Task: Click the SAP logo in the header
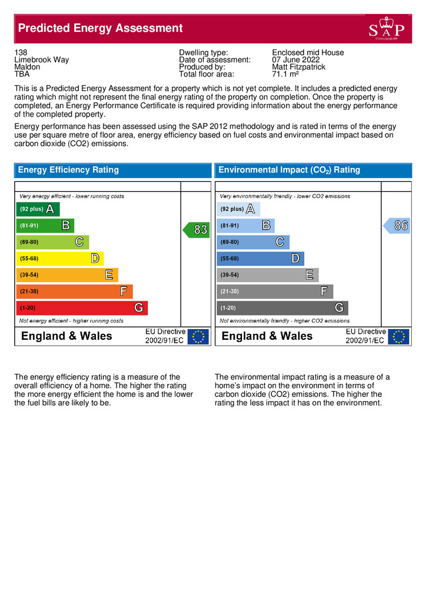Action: [x=386, y=29]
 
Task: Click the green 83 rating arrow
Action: [x=196, y=230]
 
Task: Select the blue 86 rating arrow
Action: [x=397, y=225]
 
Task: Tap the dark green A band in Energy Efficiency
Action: [x=38, y=209]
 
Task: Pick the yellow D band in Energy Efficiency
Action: [x=59, y=259]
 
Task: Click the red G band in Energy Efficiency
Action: [x=81, y=308]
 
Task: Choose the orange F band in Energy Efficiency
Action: [x=74, y=291]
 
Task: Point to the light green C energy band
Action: [x=52, y=242]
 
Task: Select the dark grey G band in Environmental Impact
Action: [x=282, y=308]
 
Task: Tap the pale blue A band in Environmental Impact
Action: [x=238, y=209]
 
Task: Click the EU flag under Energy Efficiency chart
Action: [x=198, y=336]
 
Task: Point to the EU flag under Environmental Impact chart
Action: [x=399, y=336]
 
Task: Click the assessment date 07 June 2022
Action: [x=296, y=60]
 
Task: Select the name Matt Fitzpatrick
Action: [x=299, y=67]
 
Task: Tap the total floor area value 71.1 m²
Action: [x=286, y=75]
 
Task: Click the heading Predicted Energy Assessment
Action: [x=101, y=28]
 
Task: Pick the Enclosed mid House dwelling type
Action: [x=308, y=52]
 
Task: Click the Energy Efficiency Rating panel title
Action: [x=68, y=170]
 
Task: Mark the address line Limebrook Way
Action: [x=41, y=60]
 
